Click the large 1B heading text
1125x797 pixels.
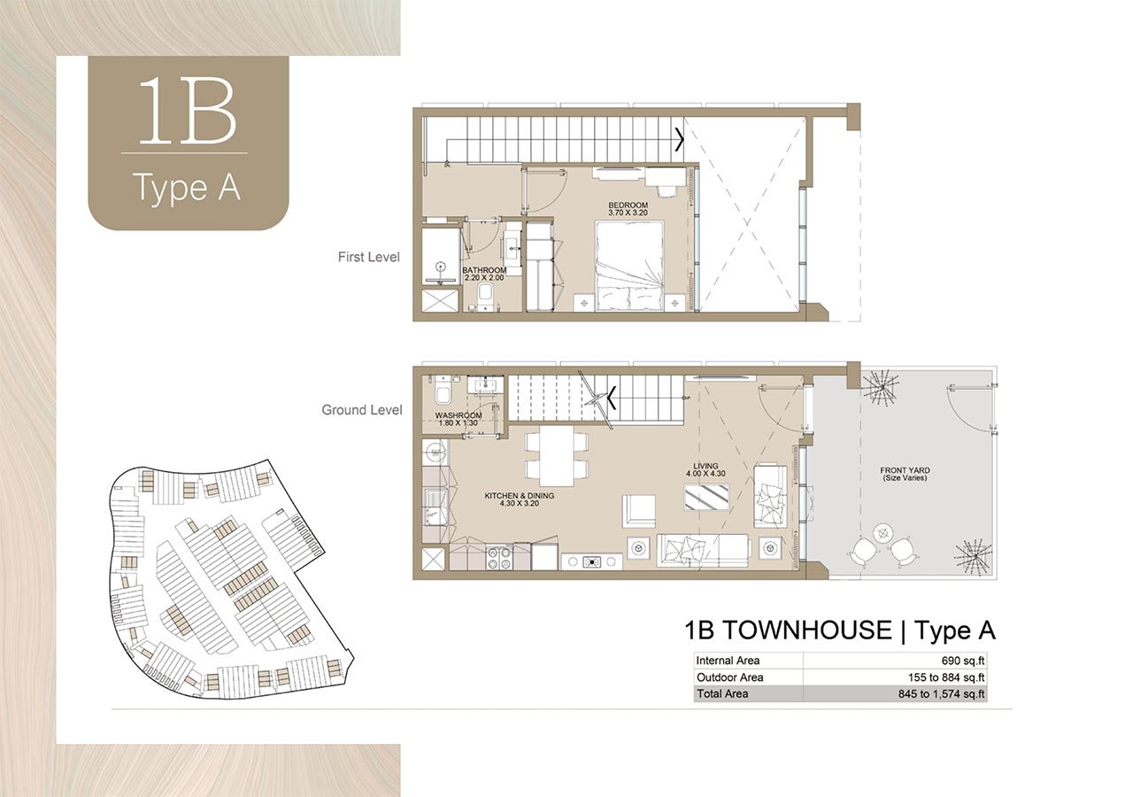tap(188, 113)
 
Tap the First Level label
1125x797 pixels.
tap(368, 258)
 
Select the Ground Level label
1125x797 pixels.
tap(361, 410)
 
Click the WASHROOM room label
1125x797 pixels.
tap(458, 419)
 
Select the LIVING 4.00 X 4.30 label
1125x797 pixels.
tap(705, 470)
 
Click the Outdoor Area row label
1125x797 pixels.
tap(729, 677)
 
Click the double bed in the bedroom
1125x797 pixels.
tap(629, 266)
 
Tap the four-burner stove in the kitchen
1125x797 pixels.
tap(498, 558)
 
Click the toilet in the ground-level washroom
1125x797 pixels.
tap(443, 389)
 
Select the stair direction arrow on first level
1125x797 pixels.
tap(679, 140)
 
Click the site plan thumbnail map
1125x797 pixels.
tap(226, 580)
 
